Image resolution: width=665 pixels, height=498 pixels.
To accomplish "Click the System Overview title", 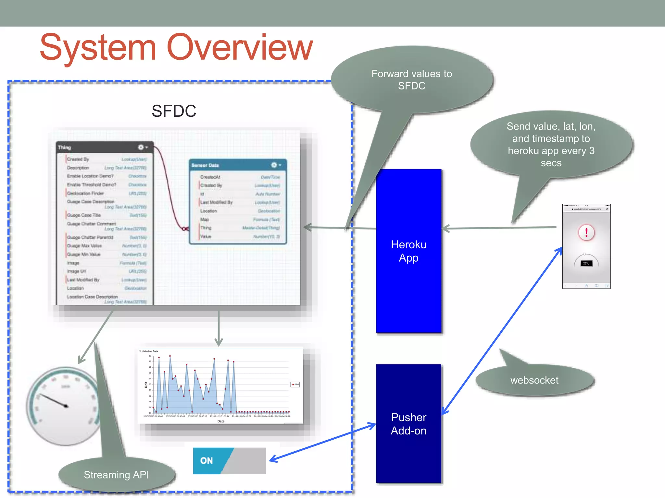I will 176,48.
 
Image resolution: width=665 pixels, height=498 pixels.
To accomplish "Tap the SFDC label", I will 174,111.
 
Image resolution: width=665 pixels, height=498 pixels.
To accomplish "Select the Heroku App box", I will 408,251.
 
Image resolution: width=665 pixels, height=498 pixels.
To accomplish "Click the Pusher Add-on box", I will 408,423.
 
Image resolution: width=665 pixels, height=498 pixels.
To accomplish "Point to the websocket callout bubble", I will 534,380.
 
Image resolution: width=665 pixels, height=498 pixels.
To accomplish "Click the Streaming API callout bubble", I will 116,475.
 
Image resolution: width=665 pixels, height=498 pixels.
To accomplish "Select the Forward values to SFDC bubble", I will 411,80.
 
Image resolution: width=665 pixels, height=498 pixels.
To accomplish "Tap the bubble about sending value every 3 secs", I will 551,144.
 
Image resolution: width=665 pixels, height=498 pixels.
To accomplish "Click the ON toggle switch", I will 229,461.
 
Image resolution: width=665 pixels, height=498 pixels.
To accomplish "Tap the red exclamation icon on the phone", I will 586,232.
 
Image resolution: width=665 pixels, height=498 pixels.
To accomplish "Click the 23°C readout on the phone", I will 586,263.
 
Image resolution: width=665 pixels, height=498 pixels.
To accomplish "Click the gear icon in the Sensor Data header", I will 274,165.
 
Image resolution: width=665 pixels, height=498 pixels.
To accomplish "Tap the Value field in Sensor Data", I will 206,236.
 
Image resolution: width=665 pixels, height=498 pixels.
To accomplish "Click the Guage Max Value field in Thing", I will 84,246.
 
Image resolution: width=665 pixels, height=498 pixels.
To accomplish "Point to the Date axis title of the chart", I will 221,421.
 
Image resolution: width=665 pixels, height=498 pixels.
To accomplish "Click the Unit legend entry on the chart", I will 295,385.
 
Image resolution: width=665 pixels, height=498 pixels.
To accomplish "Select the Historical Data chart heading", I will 150,351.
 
